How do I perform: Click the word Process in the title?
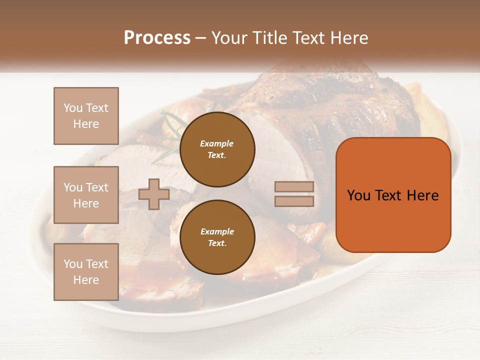point(157,38)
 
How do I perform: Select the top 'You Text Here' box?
point(86,116)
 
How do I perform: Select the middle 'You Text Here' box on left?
point(86,195)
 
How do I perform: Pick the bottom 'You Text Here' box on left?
point(86,272)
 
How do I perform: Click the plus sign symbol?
point(153,194)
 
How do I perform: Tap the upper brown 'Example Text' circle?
point(217,149)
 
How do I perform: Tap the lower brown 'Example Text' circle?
point(217,237)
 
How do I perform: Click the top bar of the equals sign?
point(294,186)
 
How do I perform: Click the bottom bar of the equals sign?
point(294,201)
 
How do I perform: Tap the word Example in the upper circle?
point(217,143)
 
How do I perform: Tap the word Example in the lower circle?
point(217,231)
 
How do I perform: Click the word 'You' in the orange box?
point(358,195)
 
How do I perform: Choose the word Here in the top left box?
point(86,124)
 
